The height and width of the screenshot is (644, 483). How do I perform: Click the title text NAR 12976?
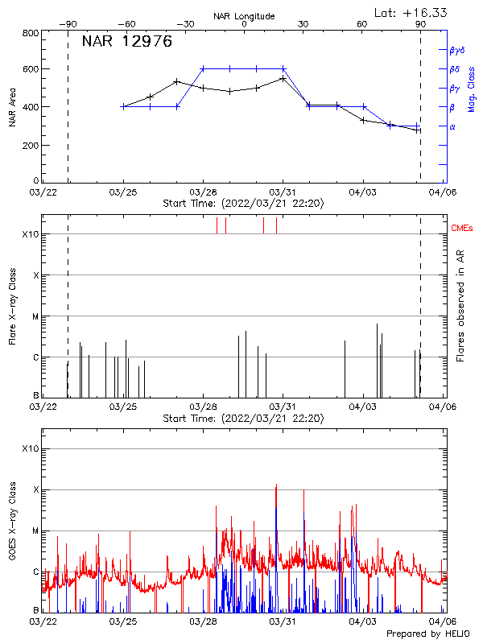[x=126, y=42]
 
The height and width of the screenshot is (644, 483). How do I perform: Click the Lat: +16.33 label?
[x=412, y=12]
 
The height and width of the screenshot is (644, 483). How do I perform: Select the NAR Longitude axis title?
[x=244, y=16]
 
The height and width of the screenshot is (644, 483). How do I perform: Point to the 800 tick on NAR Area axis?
[x=31, y=34]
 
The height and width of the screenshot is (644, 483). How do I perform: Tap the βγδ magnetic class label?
[x=457, y=50]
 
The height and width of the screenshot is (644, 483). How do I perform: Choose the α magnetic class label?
[x=452, y=126]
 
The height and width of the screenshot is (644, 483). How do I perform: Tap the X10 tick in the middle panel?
[x=31, y=234]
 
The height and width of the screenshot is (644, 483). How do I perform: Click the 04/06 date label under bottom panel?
[x=443, y=621]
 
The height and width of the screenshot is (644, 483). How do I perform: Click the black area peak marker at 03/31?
[x=283, y=79]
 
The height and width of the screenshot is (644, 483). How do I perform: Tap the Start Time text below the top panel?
[x=243, y=204]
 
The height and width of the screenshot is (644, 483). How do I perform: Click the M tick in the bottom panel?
[x=35, y=530]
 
